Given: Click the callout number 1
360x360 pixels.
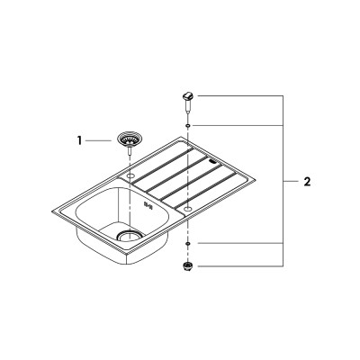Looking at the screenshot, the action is [79, 140].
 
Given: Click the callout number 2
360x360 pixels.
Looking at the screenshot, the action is [307, 182].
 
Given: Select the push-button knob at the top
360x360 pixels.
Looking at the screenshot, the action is [188, 96].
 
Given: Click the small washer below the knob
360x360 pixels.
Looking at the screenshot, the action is [188, 125].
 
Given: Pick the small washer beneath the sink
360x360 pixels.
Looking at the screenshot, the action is [188, 243].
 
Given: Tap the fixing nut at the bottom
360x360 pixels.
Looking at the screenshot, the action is [188, 265].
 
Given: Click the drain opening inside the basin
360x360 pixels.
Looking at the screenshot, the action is [129, 236].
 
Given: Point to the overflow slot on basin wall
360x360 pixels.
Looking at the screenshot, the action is [148, 205].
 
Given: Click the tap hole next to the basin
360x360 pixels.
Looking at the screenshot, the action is [130, 175].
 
